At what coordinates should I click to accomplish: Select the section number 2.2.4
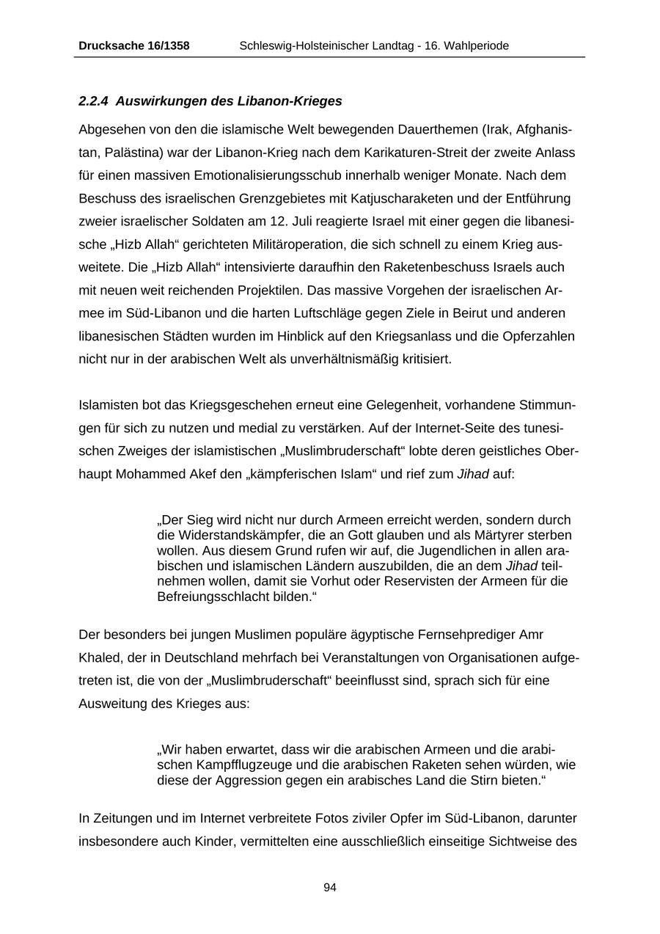point(94,101)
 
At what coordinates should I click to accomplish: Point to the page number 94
point(330,887)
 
